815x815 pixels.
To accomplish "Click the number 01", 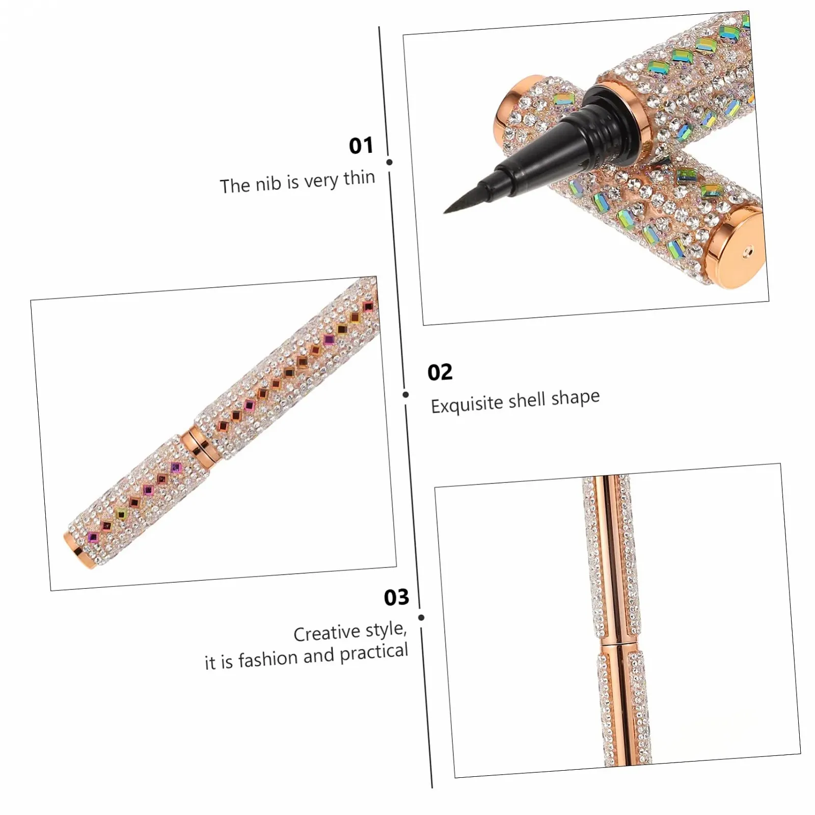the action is click(361, 146).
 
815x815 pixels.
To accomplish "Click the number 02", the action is click(440, 372).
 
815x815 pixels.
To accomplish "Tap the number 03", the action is click(397, 597).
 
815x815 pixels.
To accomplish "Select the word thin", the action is click(359, 178).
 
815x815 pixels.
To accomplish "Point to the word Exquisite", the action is click(467, 405).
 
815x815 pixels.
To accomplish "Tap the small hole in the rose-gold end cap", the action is click(747, 251).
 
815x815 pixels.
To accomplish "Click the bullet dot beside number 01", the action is click(390, 162).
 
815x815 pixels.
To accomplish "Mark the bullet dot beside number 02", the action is click(405, 394).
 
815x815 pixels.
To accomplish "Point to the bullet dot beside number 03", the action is click(421, 617).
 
